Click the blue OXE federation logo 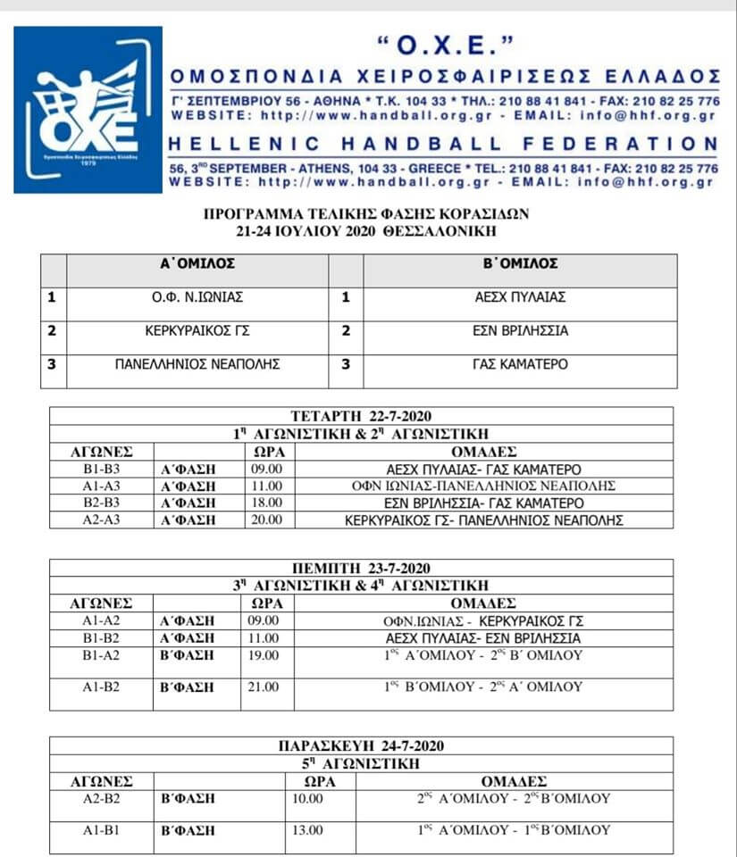click(x=88, y=110)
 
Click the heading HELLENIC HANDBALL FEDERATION click(x=443, y=144)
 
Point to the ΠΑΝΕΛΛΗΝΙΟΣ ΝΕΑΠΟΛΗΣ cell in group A click(x=197, y=363)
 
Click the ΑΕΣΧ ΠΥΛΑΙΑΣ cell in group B click(x=520, y=297)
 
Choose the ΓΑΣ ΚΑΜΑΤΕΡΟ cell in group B click(x=520, y=363)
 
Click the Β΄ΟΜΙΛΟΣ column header click(x=520, y=263)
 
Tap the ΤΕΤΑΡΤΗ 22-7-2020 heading click(x=361, y=416)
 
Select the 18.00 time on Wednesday click(x=268, y=503)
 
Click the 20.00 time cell click(x=268, y=520)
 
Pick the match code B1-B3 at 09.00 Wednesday click(x=101, y=469)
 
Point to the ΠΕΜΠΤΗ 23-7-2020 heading click(x=361, y=568)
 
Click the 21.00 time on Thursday click(x=268, y=686)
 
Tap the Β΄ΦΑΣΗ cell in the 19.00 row click(x=187, y=654)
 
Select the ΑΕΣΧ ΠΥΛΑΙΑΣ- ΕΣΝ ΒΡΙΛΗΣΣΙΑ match click(x=483, y=638)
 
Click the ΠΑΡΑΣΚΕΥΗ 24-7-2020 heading click(x=361, y=746)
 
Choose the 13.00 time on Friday click(x=307, y=830)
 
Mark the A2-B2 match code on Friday click(x=101, y=798)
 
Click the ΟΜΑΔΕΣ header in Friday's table click(x=514, y=781)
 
